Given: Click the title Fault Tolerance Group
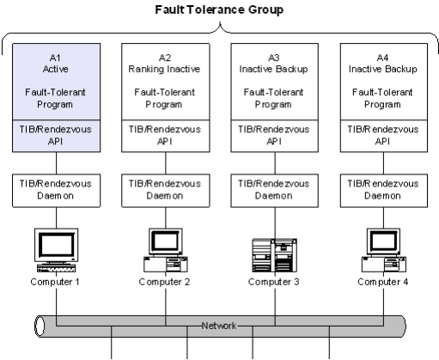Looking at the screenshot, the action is point(219,9).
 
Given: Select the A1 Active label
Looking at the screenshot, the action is point(55,64).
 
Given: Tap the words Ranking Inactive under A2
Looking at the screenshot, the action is point(164,69).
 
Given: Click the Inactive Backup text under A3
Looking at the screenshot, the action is point(273,69).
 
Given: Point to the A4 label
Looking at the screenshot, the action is point(382,58).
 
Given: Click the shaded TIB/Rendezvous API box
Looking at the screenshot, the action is point(56,136).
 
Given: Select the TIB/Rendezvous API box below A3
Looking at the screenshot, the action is point(275,136).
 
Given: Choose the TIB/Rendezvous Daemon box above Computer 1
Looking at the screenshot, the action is point(56,191).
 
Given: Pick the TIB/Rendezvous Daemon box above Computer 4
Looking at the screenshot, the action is point(384,191).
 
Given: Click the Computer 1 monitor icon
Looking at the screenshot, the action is point(56,250).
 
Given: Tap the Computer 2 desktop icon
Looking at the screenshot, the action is point(166,250).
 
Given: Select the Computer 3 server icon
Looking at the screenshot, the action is point(275,255).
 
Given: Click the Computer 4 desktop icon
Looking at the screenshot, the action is point(384,250).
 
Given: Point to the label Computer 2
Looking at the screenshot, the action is point(164,282).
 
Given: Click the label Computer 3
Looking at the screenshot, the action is point(274,282).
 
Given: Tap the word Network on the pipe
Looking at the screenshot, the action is point(219,326).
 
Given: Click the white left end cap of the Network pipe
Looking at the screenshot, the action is point(40,326).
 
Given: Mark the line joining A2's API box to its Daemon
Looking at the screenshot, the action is point(166,163).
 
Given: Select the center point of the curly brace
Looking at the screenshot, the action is point(220,23).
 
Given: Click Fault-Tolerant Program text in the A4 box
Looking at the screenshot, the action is point(382,98).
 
